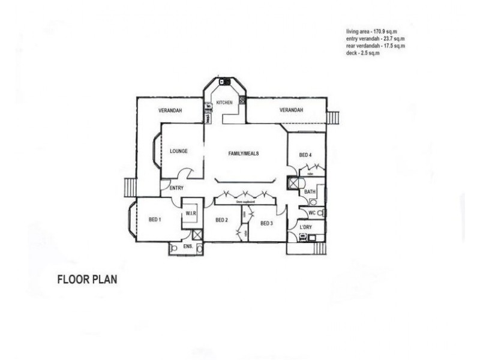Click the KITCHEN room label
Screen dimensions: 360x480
pos(224,103)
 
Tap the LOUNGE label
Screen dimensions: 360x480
pos(179,151)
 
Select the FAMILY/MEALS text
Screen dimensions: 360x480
pos(244,154)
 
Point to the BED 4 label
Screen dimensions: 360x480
pos(305,155)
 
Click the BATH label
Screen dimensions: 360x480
pos(310,192)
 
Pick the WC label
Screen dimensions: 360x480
pos(312,212)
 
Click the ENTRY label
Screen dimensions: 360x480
pos(176,188)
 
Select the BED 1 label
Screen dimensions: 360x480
pos(155,220)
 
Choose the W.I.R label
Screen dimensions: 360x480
pos(192,213)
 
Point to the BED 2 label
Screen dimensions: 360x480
pos(221,220)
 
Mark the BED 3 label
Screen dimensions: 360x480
pos(266,224)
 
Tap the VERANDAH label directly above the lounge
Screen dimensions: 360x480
pos(170,110)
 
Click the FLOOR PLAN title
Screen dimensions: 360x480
pos(87,279)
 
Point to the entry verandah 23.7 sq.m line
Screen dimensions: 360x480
pos(376,39)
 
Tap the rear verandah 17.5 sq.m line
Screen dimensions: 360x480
pos(376,46)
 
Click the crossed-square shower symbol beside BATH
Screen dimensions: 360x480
pos(293,183)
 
